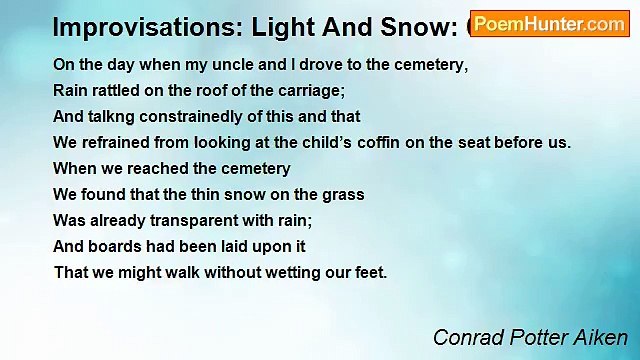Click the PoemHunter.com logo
(549, 24)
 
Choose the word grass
(343, 194)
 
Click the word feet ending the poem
(370, 272)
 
